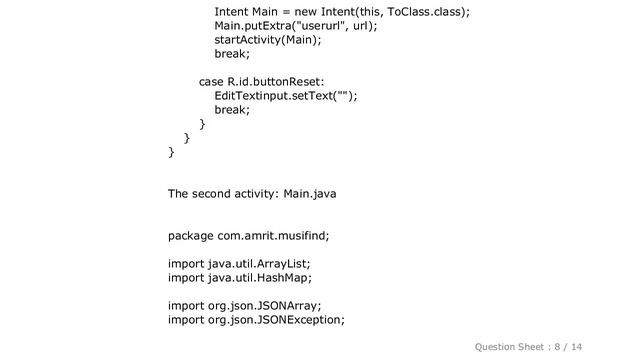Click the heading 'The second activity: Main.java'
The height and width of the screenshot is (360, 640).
[x=251, y=194]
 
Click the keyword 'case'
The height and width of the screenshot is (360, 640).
[x=210, y=82]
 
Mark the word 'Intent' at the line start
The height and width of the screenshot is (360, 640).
[x=232, y=12]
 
